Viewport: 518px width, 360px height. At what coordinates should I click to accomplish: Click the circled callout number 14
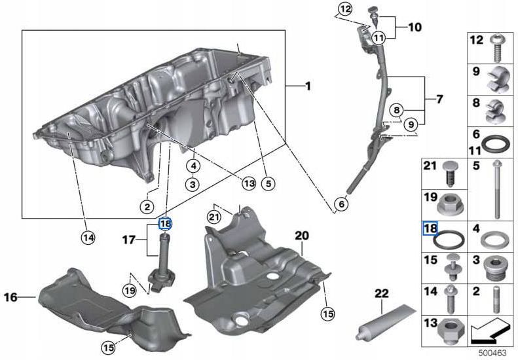(x=87, y=237)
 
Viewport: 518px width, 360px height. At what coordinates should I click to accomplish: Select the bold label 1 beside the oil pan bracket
(x=308, y=86)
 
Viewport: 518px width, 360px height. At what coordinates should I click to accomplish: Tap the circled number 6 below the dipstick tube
(x=340, y=205)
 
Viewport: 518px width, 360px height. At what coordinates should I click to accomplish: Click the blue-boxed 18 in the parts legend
(x=430, y=228)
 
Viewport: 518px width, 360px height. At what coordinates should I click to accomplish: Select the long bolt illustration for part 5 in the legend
(x=497, y=189)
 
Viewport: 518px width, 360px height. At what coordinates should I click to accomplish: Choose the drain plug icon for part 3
(x=495, y=268)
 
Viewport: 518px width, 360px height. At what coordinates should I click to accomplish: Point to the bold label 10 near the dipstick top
(x=415, y=27)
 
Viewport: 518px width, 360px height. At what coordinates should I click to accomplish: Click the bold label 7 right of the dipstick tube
(x=439, y=99)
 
